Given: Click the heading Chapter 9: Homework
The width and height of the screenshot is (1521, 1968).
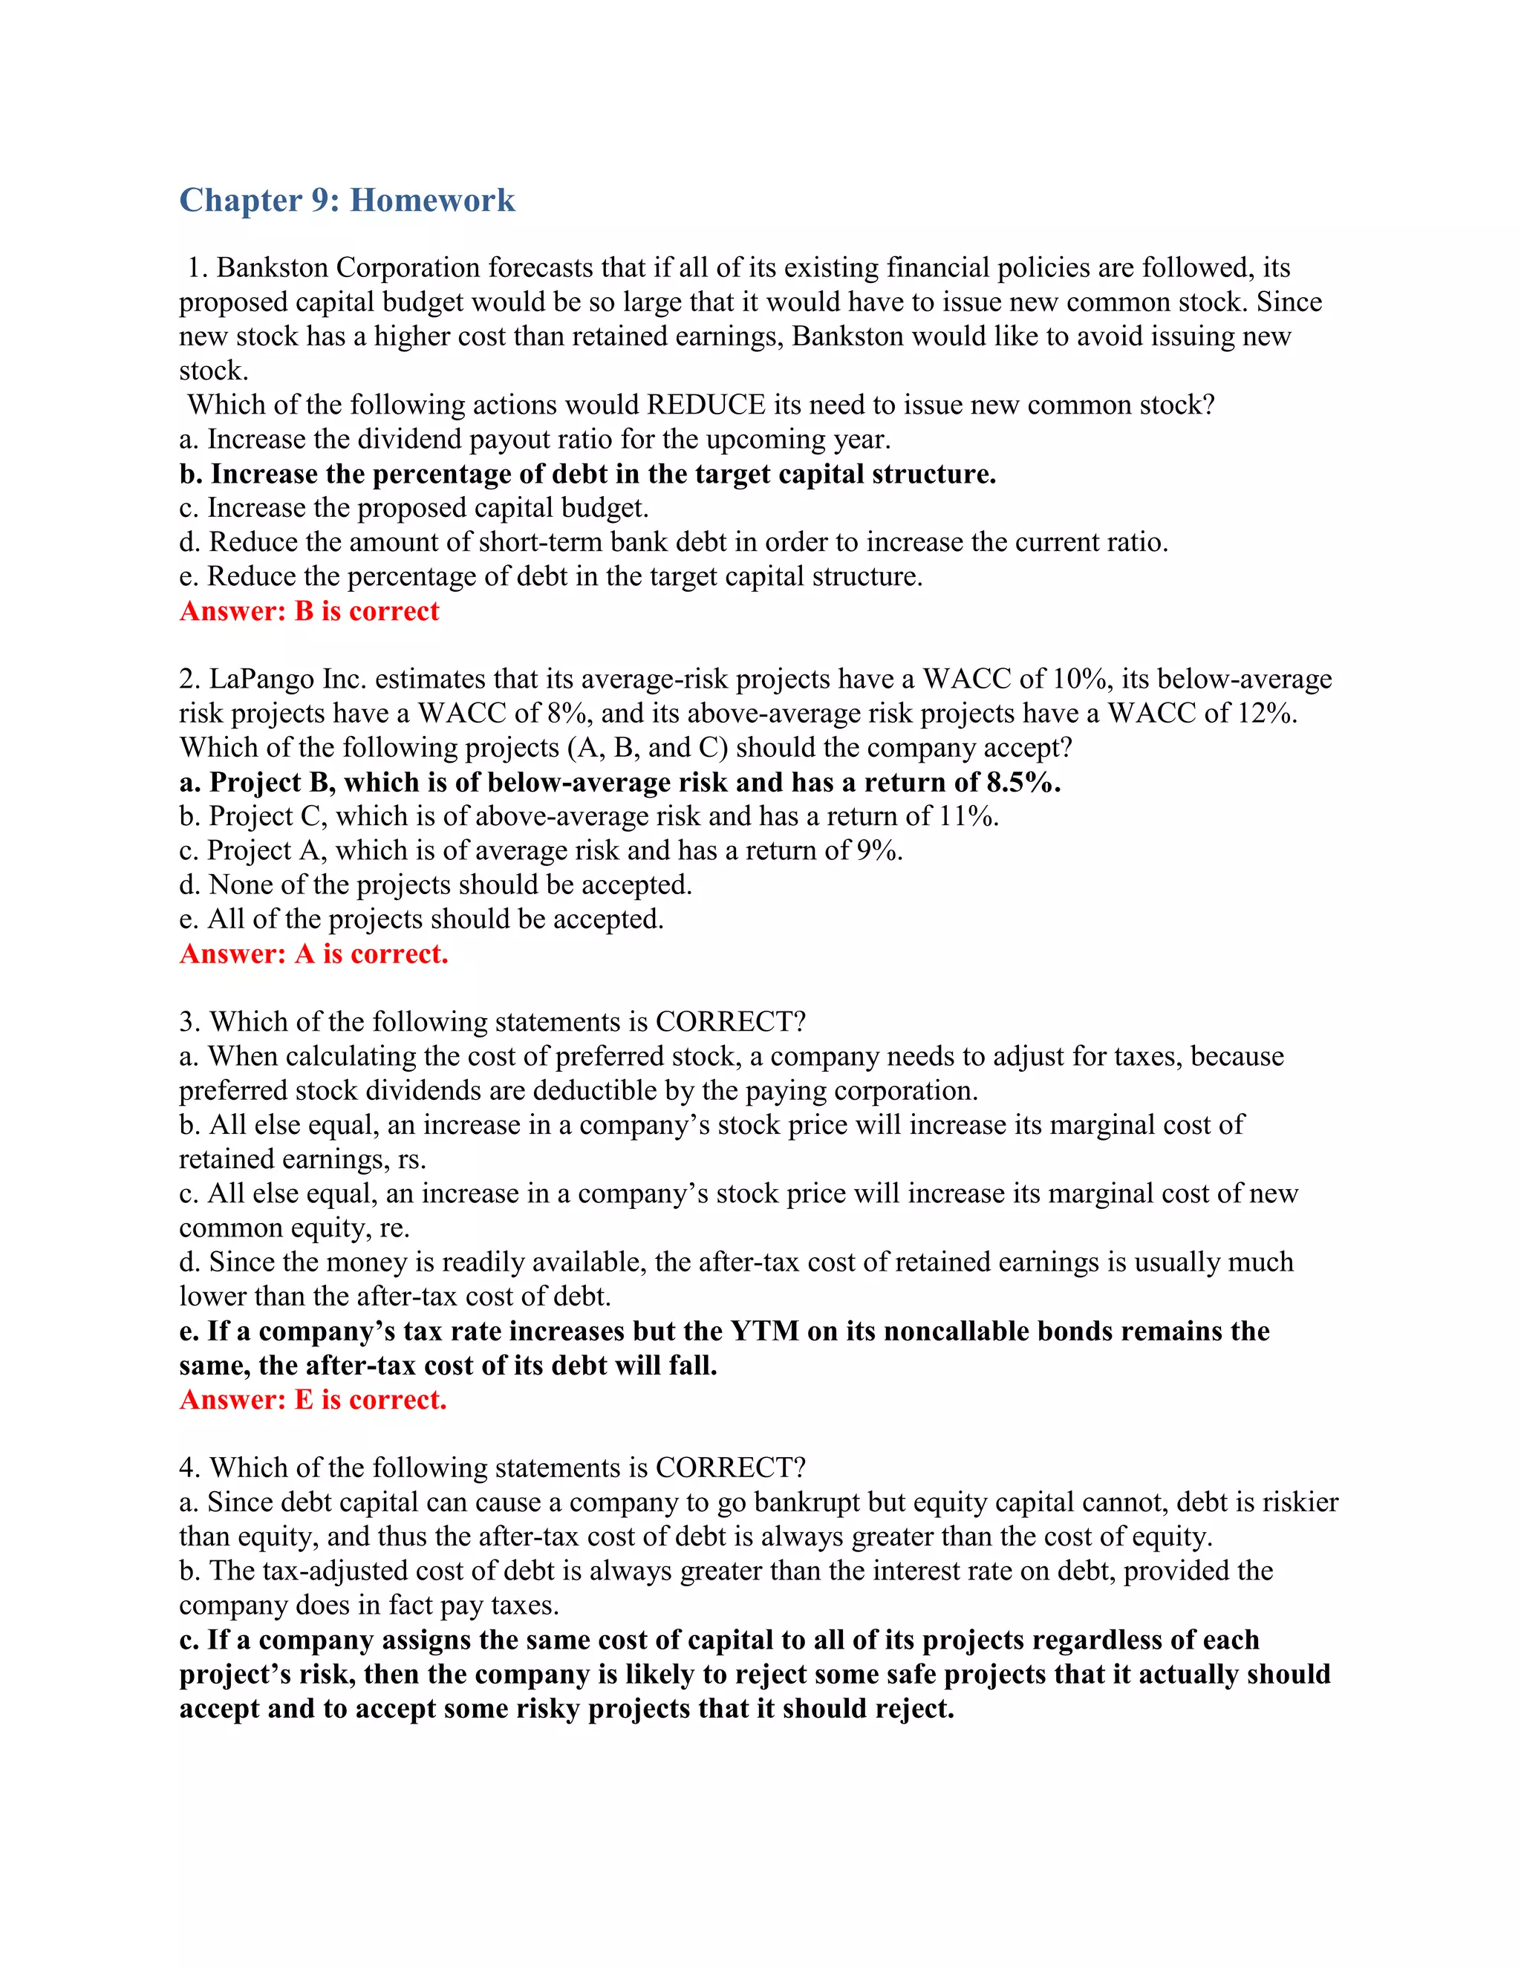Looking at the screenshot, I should [x=347, y=200].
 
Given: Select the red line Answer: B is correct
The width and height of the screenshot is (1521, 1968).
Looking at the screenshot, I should [x=309, y=611].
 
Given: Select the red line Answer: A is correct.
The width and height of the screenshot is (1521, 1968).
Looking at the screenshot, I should [x=313, y=954].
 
